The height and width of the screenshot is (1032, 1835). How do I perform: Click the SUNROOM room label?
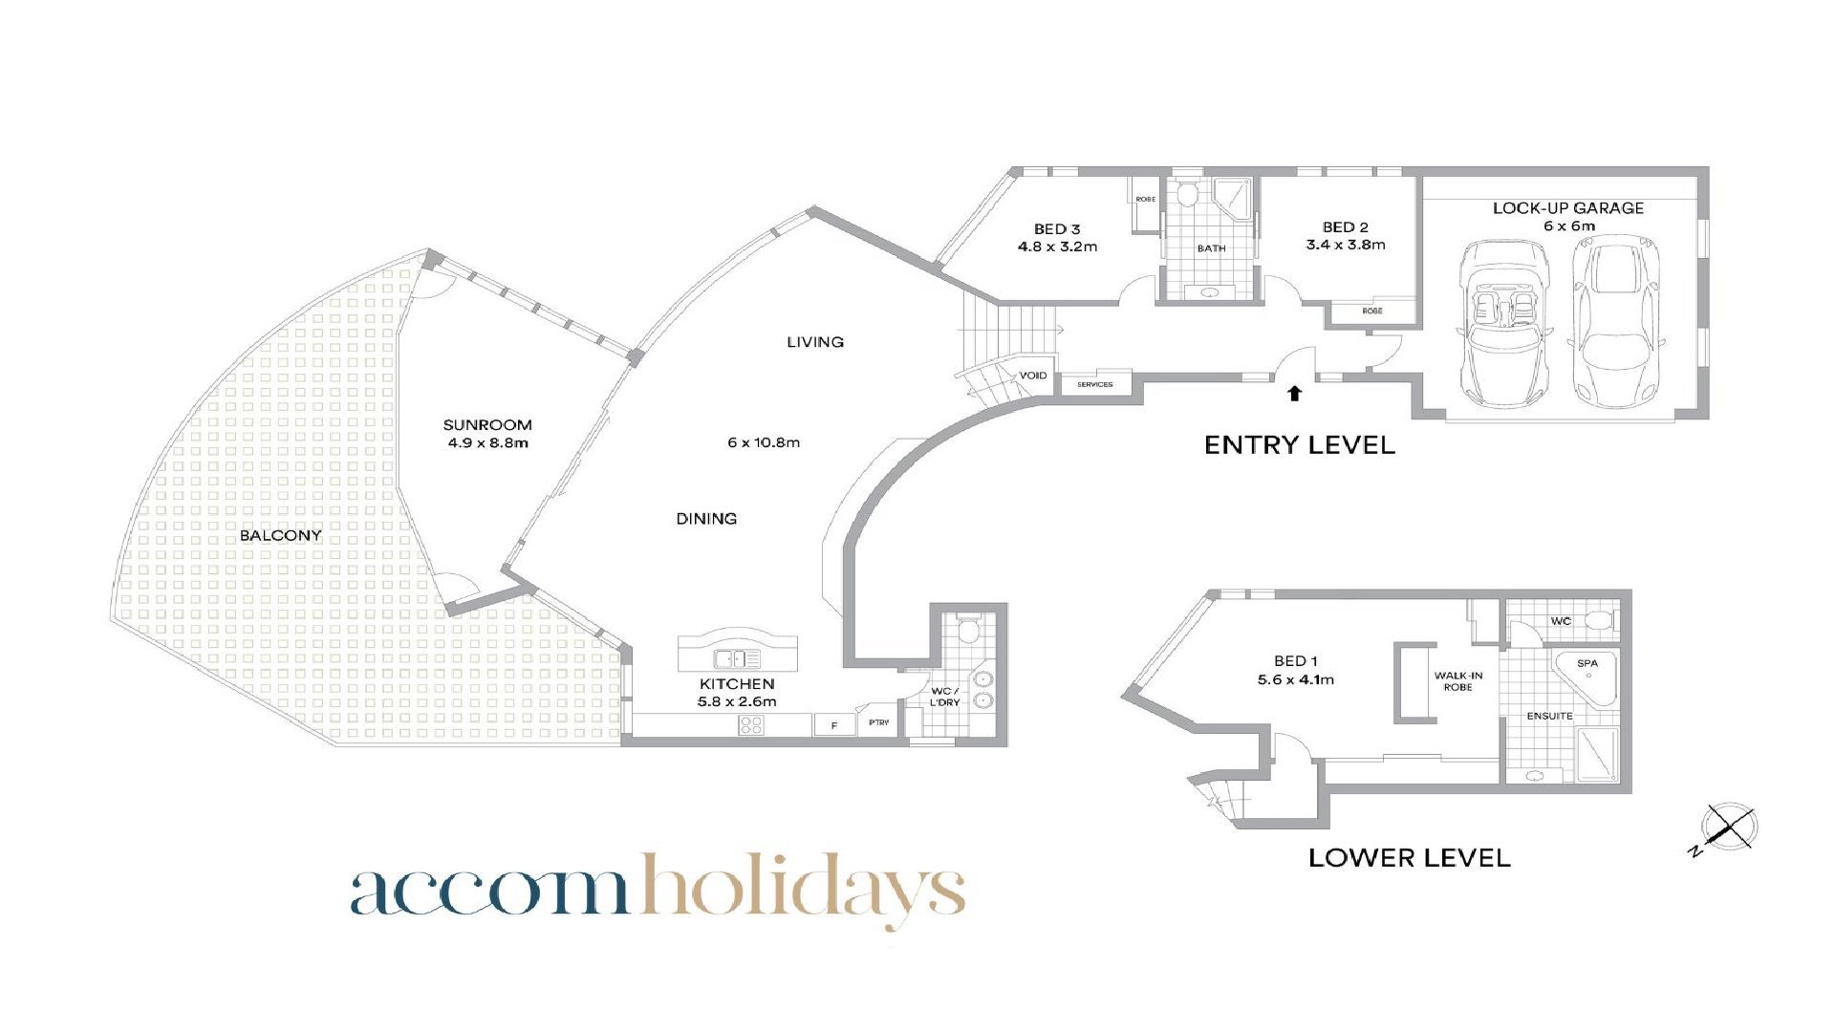487,425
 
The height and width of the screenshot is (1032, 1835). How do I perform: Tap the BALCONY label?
280,535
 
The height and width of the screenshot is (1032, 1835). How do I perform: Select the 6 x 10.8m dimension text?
764,442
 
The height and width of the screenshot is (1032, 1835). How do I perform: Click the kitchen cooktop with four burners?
751,725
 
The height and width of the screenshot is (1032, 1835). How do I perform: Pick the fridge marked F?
834,725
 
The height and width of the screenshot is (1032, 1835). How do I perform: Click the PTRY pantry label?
878,722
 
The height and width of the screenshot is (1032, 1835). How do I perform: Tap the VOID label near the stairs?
1032,376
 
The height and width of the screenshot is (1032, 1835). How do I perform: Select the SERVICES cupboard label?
1095,384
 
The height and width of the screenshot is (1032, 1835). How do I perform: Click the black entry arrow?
1295,393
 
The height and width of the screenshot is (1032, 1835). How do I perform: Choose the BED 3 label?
1057,229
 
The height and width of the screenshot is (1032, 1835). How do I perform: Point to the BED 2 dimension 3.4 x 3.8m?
1346,245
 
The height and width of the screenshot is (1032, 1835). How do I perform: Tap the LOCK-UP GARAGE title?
1568,208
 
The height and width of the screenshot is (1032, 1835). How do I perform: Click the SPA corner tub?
1587,677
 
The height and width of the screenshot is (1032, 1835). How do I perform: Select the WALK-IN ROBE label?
1458,681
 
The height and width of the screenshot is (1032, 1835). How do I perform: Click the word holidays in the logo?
803,889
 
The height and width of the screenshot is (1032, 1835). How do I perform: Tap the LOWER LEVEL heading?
1410,858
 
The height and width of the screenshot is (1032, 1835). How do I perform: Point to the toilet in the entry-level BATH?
1188,195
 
